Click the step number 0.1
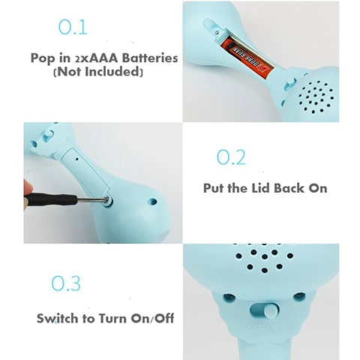click(73, 27)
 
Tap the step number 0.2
click(231, 157)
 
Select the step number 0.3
click(66, 283)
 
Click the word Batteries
click(150, 58)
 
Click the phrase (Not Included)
click(98, 71)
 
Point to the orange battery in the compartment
click(246, 55)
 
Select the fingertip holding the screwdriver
click(28, 189)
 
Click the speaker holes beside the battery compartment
click(316, 96)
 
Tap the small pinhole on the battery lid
click(76, 158)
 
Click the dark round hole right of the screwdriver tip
click(153, 202)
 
